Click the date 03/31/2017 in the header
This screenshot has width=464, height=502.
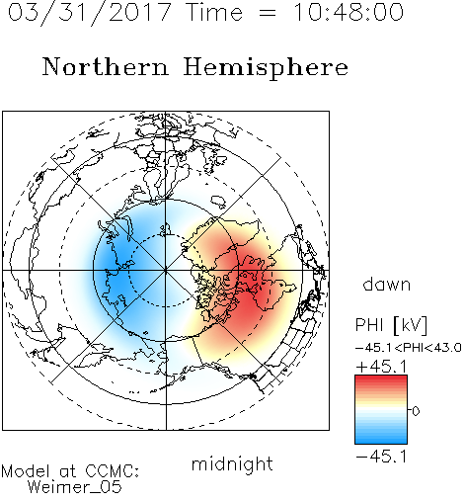pyautogui.click(x=89, y=13)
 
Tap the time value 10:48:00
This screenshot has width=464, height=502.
pyautogui.click(x=348, y=13)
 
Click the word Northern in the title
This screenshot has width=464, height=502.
pyautogui.click(x=105, y=66)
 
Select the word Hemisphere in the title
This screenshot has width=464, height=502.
pyautogui.click(x=266, y=67)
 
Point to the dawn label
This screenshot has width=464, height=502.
pyautogui.click(x=387, y=284)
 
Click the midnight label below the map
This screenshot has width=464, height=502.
pyautogui.click(x=232, y=464)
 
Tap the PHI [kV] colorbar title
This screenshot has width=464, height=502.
pyautogui.click(x=391, y=325)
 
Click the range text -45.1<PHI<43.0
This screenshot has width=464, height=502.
pyautogui.click(x=409, y=348)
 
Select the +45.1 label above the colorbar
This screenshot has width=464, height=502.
pyautogui.click(x=381, y=367)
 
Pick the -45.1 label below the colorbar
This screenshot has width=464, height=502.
pyautogui.click(x=381, y=457)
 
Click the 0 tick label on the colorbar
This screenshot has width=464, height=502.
pyautogui.click(x=416, y=411)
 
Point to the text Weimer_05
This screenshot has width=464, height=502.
pyautogui.click(x=75, y=487)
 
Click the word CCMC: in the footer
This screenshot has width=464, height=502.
pyautogui.click(x=113, y=471)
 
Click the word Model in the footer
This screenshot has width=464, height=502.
pyautogui.click(x=26, y=471)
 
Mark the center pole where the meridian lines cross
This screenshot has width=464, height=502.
pyautogui.click(x=166, y=271)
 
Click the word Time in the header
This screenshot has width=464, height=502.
pyautogui.click(x=214, y=13)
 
